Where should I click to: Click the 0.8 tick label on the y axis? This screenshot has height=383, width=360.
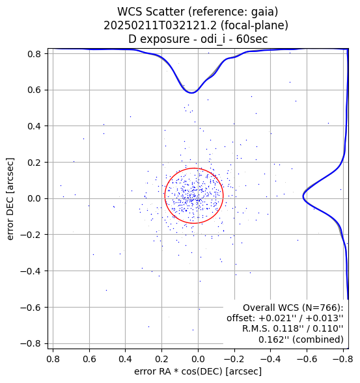pos(34,54)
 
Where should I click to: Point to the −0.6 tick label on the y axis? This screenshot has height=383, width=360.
pos(31,308)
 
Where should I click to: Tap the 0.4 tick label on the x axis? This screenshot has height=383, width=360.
pos(125,359)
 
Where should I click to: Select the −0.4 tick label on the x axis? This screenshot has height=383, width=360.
pos(271,359)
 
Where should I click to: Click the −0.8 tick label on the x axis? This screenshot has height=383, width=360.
pos(343,359)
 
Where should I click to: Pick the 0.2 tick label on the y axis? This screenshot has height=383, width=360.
pos(34,163)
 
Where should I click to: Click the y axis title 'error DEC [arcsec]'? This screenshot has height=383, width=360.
pos(10,199)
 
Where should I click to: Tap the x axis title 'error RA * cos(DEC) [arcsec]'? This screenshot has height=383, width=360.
pos(198,371)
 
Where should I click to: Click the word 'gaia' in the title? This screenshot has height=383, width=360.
pos(264,12)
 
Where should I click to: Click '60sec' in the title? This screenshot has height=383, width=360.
pos(252,39)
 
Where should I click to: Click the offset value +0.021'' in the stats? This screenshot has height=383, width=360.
pos(274,318)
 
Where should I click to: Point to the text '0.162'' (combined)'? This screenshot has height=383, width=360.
pos(301,339)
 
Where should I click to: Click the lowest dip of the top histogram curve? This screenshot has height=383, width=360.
pos(192,93)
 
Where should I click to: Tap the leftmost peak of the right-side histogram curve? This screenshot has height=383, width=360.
pos(303,196)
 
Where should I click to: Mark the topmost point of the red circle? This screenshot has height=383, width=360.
pos(194,168)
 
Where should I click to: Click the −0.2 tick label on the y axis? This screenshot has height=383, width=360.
pos(31,235)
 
